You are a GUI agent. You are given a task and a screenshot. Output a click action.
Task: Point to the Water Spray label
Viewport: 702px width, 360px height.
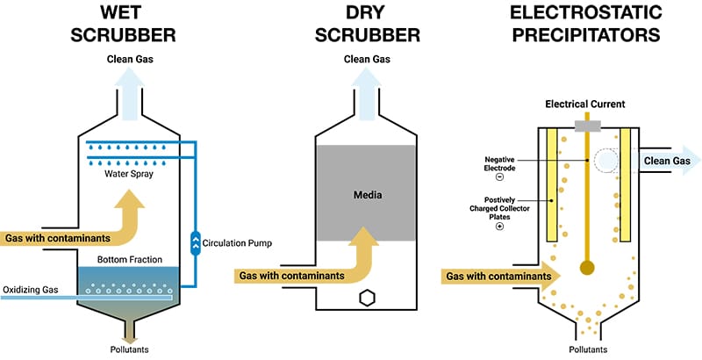click(130, 173)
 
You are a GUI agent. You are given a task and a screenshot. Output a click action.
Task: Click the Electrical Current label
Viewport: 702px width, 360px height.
click(584, 104)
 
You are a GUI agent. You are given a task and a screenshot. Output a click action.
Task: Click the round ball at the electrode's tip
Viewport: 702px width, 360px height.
click(585, 267)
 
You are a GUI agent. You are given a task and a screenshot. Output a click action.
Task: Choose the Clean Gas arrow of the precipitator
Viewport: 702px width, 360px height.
click(667, 160)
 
